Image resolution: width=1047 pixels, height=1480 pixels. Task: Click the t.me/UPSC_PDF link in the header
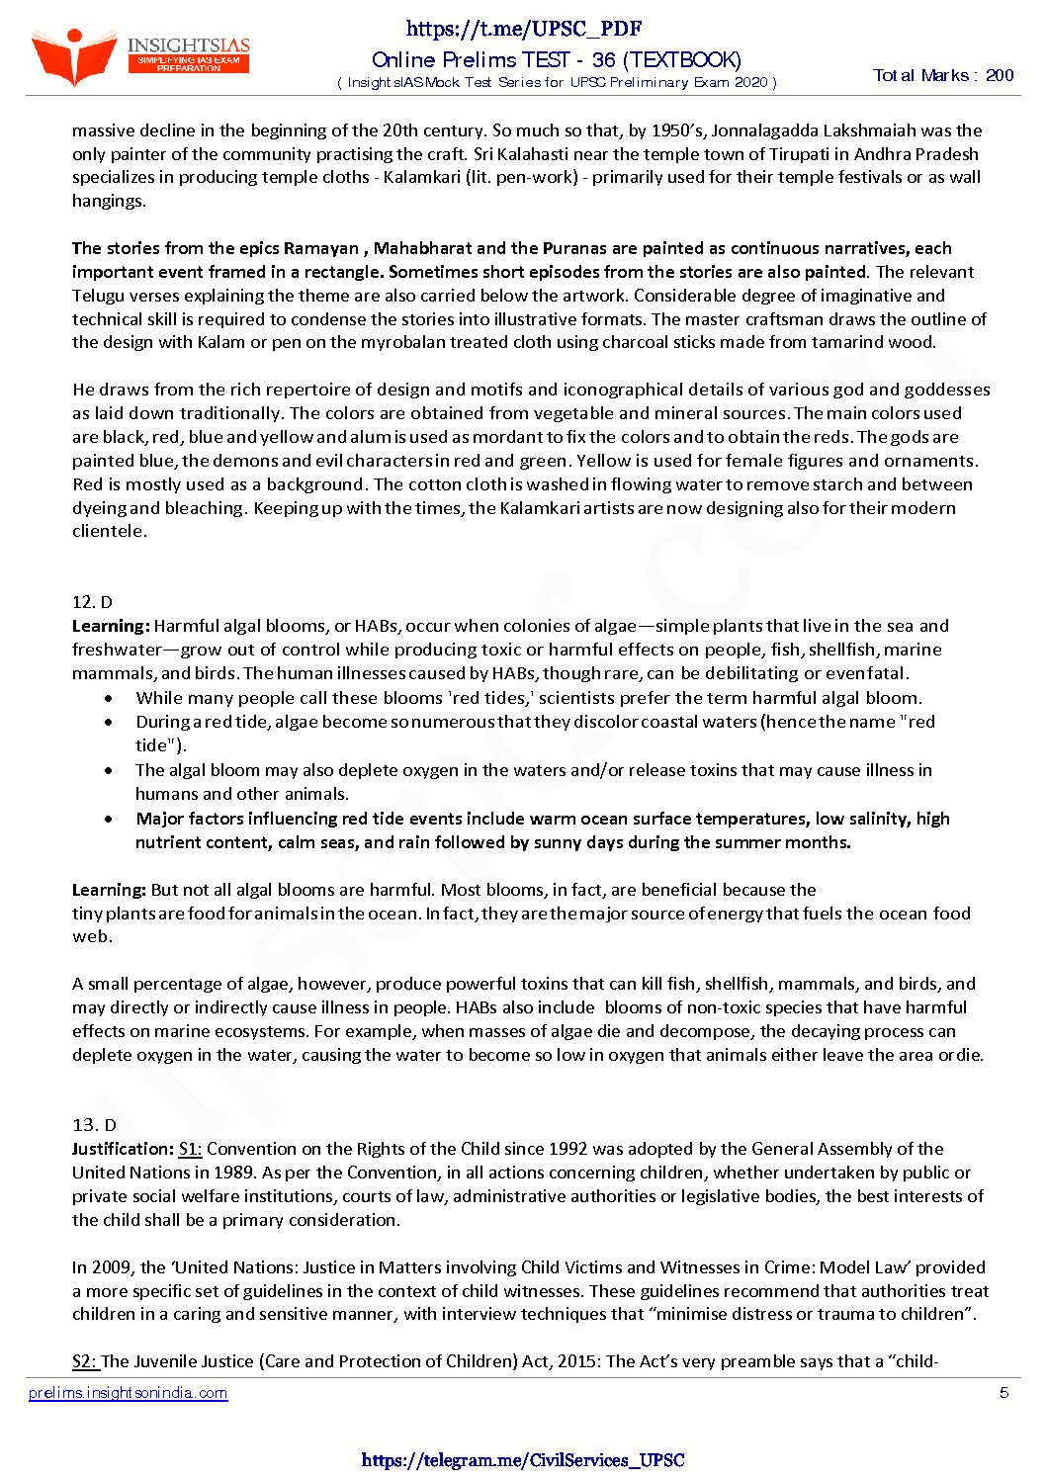tap(524, 29)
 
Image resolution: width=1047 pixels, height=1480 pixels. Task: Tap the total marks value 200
tap(1000, 75)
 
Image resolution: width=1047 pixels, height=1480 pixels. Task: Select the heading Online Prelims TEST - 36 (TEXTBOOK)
tap(557, 59)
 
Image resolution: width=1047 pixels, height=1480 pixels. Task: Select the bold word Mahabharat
tap(422, 248)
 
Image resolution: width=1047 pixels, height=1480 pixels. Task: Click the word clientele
tap(109, 531)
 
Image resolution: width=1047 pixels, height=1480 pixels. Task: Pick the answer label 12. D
tap(92, 602)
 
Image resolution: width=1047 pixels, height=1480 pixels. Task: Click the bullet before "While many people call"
tap(109, 698)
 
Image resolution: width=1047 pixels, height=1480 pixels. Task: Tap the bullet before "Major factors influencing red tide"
tap(109, 819)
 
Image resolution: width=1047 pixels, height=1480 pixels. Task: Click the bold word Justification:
tap(123, 1149)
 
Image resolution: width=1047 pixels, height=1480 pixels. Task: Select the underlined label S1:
tap(190, 1149)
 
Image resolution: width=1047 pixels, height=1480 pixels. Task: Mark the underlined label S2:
tap(85, 1361)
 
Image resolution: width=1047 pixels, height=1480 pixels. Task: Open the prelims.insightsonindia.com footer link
tap(129, 1393)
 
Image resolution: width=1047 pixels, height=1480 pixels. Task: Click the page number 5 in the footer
tap(1003, 1393)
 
